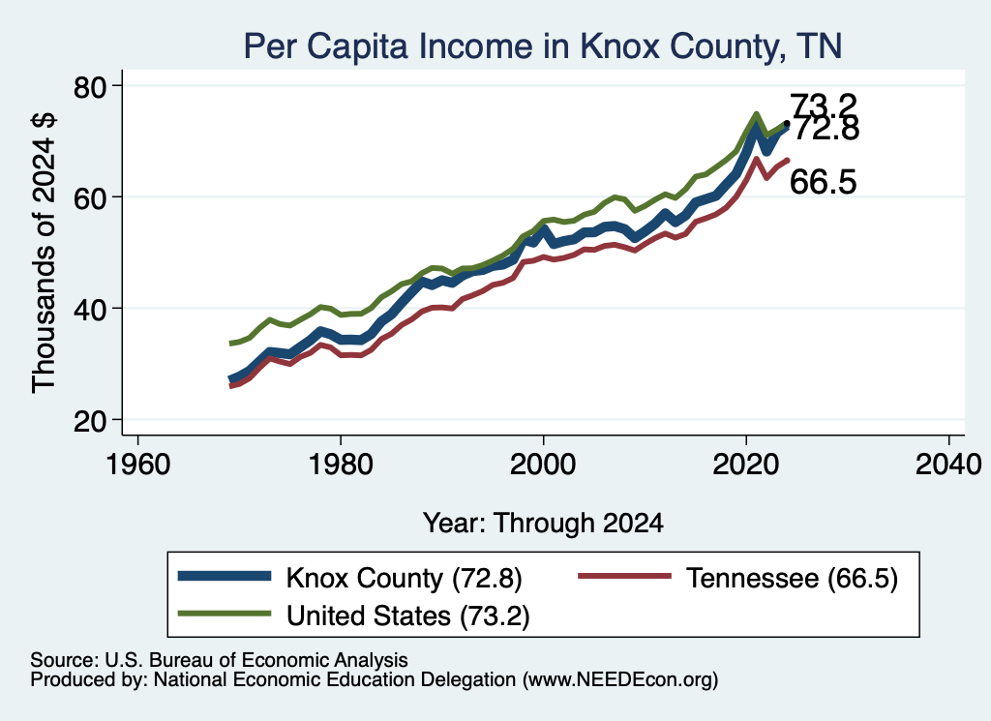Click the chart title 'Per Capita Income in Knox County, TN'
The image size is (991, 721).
(542, 46)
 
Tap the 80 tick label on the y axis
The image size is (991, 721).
(90, 86)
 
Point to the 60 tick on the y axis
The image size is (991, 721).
(90, 197)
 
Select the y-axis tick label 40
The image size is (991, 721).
(90, 309)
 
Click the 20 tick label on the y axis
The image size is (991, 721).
(90, 421)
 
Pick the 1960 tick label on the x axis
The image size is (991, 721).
(137, 466)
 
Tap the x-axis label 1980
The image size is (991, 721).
(341, 466)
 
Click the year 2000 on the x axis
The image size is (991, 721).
(543, 466)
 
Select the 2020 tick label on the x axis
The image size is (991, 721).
(746, 466)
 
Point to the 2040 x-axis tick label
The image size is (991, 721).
(948, 466)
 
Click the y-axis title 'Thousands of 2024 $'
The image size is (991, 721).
(44, 253)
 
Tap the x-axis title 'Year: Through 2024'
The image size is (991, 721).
(543, 524)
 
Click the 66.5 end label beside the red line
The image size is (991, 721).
(824, 182)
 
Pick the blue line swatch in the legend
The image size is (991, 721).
(225, 576)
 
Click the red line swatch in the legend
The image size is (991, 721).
(624, 576)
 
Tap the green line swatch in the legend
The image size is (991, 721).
(225, 614)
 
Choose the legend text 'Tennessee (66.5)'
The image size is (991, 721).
(792, 578)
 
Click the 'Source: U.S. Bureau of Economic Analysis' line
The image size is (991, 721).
(219, 660)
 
